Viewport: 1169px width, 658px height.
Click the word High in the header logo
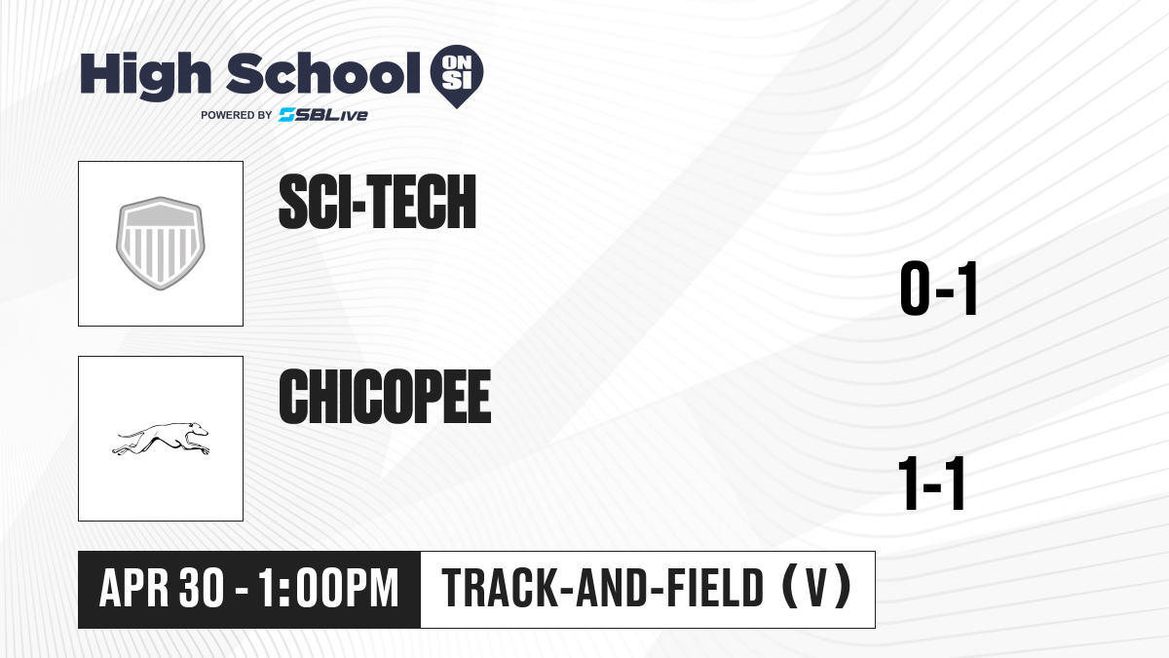pos(145,76)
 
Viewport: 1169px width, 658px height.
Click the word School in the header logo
pos(323,74)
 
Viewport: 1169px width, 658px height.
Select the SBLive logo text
pos(323,115)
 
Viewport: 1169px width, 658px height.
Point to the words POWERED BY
pos(237,115)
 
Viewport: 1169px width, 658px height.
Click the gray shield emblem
pos(160,244)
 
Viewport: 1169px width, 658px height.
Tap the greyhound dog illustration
pos(160,439)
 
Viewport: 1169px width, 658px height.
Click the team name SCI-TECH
pos(377,202)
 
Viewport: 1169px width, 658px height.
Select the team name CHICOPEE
pos(385,397)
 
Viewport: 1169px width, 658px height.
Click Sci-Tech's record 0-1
pos(938,289)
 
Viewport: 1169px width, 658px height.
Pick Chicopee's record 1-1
pos(932,484)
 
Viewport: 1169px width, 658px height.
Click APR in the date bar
pos(134,588)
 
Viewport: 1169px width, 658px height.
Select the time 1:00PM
pos(328,588)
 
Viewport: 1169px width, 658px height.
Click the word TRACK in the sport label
pos(500,588)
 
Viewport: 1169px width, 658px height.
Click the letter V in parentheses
pos(816,588)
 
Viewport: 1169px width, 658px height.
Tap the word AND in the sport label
pos(612,588)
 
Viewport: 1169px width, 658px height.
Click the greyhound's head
pos(199,429)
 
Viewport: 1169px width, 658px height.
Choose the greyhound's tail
pos(131,434)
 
